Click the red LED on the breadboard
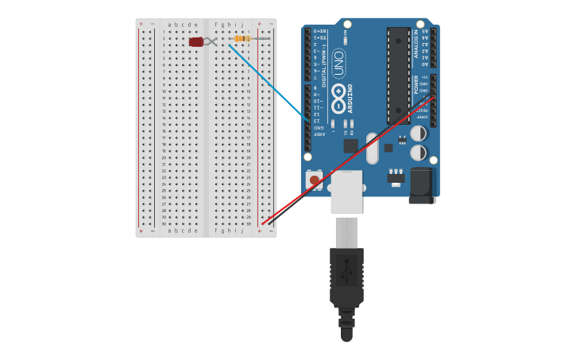(x=195, y=41)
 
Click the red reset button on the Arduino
(x=315, y=180)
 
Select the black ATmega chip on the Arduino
(x=399, y=75)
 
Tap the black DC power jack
(x=423, y=185)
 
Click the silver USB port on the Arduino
(x=346, y=192)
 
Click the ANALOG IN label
(x=416, y=44)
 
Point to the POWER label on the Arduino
(x=416, y=84)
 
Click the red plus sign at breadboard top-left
(x=141, y=24)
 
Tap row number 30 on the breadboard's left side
(x=164, y=224)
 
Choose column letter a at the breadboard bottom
(x=169, y=230)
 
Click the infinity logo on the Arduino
(x=339, y=103)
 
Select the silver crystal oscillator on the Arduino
(x=372, y=148)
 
